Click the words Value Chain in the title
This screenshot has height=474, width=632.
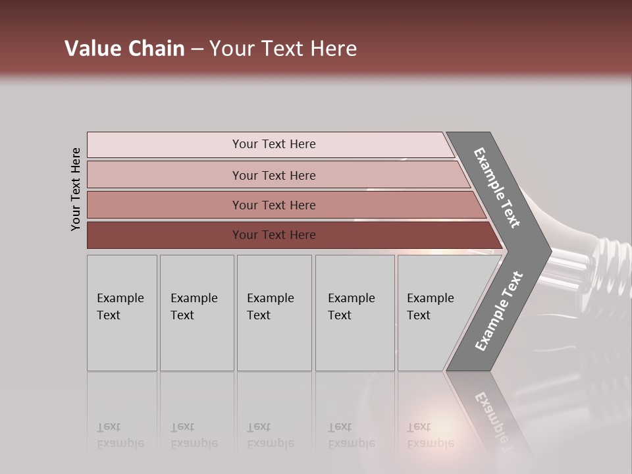pyautogui.click(x=124, y=49)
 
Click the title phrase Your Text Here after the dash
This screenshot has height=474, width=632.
pyautogui.click(x=283, y=49)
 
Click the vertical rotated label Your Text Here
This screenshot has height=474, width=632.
pyautogui.click(x=76, y=189)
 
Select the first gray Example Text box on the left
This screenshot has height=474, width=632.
pyautogui.click(x=122, y=313)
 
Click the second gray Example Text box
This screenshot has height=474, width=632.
pyautogui.click(x=197, y=313)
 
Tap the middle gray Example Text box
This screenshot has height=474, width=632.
pyautogui.click(x=274, y=313)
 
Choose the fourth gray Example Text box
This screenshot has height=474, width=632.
pyautogui.click(x=355, y=313)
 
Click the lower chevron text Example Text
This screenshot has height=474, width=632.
pyautogui.click(x=499, y=311)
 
